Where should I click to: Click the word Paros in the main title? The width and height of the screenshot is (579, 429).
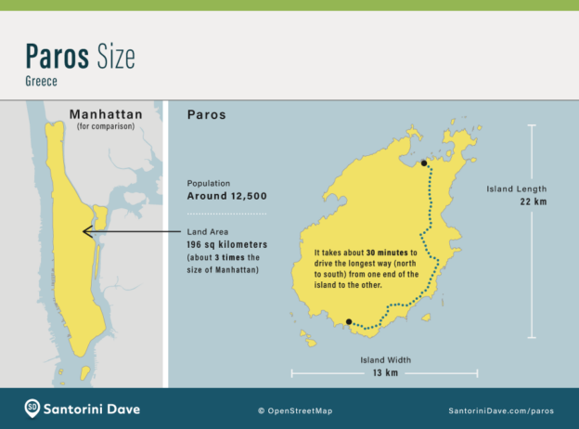coord(58,57)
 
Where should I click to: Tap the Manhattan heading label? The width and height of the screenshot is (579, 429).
coord(104,115)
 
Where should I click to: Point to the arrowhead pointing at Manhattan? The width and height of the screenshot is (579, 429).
coord(86,231)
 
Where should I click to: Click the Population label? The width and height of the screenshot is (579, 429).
coord(210,184)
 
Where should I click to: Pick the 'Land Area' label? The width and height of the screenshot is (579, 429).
coord(209,231)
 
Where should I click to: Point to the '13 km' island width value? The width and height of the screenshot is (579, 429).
coord(385,373)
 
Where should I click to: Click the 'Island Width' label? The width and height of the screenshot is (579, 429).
coord(385,359)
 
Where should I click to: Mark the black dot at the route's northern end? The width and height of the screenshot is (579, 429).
coord(423,163)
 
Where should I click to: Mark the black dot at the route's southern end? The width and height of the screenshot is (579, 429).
coord(348,322)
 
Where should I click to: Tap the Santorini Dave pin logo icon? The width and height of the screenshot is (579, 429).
coord(32,408)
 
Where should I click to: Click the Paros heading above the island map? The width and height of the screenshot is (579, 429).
coord(206,115)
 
